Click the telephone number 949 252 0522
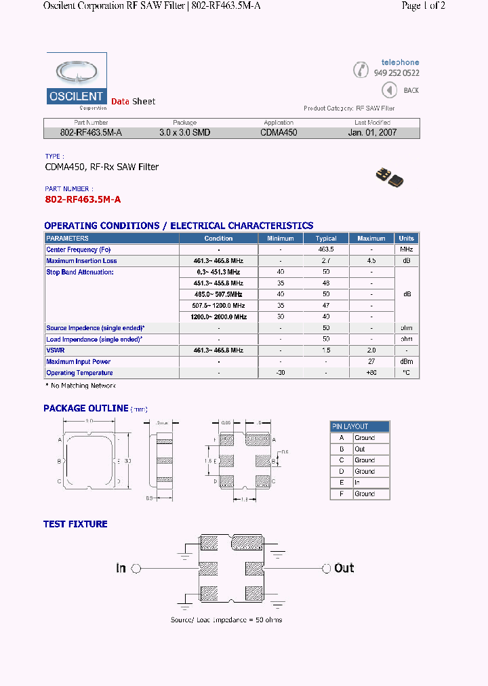pos(396,73)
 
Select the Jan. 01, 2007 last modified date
pos(372,133)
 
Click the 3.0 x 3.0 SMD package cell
pos(184,133)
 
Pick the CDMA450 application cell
pos(279,133)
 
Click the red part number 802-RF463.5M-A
pos(83,199)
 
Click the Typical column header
pos(326,239)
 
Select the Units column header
pos(407,239)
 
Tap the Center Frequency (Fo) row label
pos(79,249)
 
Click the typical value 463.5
pos(326,249)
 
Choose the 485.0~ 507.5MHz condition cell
pos(218,294)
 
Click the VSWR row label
pos(56,350)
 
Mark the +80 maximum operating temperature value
pos(371,373)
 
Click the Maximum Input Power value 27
pos(371,362)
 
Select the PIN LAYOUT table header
pos(359,426)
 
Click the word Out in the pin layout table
pos(360,449)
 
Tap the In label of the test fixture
pos(121,568)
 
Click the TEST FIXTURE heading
pos(75,524)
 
